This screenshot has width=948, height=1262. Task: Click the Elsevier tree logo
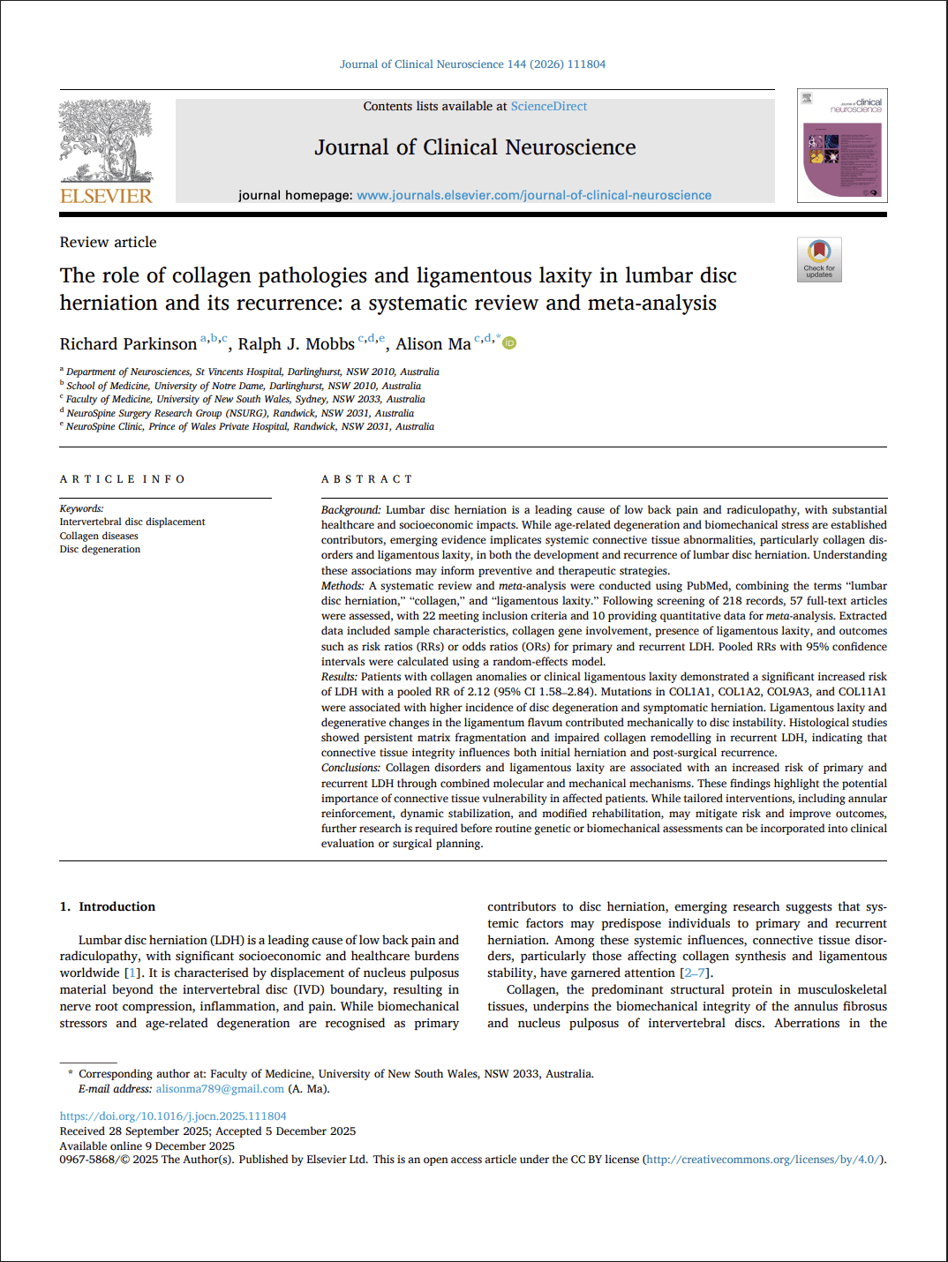point(106,141)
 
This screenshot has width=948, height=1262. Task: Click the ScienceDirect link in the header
point(548,106)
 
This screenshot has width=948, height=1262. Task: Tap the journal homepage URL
point(533,195)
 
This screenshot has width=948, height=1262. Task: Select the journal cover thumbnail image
point(842,146)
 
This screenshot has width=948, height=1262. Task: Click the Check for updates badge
point(819,259)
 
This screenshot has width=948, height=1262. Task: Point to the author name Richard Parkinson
point(128,344)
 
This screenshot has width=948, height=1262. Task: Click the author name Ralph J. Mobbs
point(296,344)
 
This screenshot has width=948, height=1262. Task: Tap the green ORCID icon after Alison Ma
point(509,343)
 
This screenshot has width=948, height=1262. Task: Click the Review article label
point(108,242)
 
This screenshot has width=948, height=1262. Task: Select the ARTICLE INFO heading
point(123,479)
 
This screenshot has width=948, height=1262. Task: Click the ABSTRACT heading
point(366,479)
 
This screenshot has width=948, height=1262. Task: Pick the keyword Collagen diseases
point(99,536)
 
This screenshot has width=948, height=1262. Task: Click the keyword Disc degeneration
point(100,549)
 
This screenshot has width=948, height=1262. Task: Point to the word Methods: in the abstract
point(342,586)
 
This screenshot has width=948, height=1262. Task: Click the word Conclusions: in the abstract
point(350,768)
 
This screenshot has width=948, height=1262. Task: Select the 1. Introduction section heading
point(108,906)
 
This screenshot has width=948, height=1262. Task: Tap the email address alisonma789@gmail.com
point(220,1089)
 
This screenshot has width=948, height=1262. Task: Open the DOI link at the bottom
point(173,1116)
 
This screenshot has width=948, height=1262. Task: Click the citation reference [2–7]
point(695,973)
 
